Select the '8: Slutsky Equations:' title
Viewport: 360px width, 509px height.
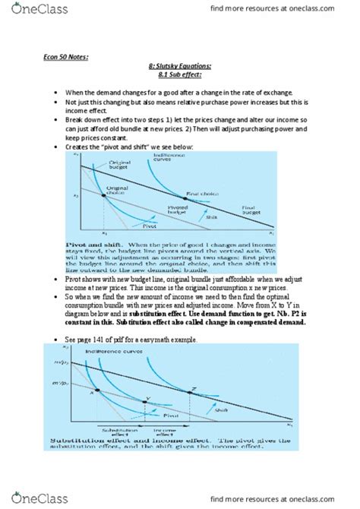coord(179,65)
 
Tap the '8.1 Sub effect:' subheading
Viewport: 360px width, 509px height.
coord(179,76)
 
